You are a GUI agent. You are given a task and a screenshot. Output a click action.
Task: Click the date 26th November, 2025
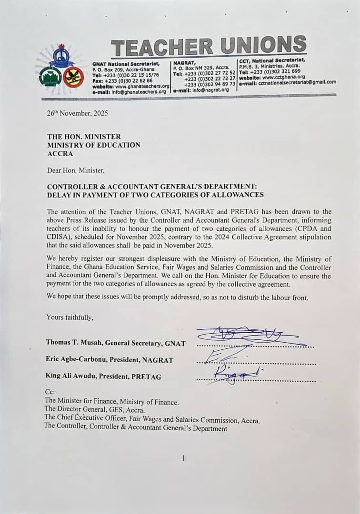78,113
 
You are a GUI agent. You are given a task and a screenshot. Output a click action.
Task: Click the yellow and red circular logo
74,77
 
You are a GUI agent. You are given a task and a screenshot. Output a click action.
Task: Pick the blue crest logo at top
61,57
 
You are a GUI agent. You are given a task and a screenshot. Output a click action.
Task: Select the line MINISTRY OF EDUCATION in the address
93,145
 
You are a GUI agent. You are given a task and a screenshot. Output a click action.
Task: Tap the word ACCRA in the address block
59,154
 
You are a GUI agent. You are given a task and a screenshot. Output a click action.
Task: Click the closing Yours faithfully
70,317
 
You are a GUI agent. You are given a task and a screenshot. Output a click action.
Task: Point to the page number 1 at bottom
183,458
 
